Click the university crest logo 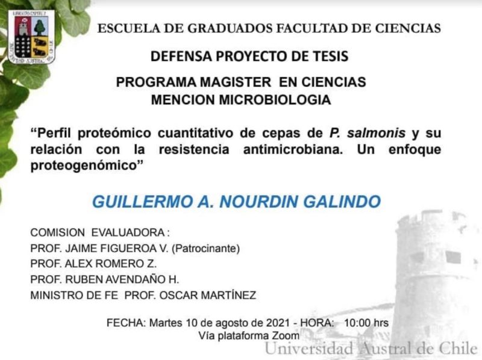pyautogui.click(x=31, y=37)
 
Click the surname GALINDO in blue pyautogui.click(x=342, y=202)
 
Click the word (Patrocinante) pyautogui.click(x=205, y=249)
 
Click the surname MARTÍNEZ pyautogui.click(x=229, y=295)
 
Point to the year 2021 pyautogui.click(x=278, y=323)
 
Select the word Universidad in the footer pyautogui.click(x=309, y=349)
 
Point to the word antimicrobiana pyautogui.click(x=293, y=149)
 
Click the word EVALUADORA pyautogui.click(x=128, y=232)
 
